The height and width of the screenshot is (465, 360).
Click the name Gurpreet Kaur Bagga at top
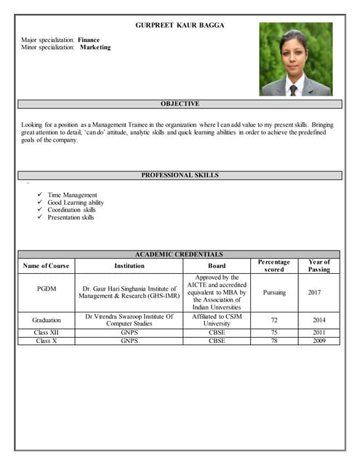click(180, 25)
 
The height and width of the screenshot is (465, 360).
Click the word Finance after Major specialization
click(89, 39)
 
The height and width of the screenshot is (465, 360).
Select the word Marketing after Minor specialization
click(95, 47)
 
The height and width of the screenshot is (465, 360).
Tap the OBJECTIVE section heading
click(180, 104)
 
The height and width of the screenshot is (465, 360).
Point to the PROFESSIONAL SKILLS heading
click(180, 175)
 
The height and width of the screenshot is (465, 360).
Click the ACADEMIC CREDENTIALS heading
click(179, 254)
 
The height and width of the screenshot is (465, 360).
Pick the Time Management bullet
click(72, 195)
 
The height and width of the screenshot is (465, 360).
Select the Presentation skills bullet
click(71, 217)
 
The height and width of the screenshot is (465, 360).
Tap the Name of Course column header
click(46, 266)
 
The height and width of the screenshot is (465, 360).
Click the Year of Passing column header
click(319, 266)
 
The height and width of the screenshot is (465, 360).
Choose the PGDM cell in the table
click(46, 292)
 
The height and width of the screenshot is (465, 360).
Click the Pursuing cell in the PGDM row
click(274, 292)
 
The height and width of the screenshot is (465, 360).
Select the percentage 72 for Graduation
click(274, 320)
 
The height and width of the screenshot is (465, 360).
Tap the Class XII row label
click(46, 332)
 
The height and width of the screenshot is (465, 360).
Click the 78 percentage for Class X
click(274, 340)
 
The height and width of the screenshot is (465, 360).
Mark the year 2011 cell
click(319, 332)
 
